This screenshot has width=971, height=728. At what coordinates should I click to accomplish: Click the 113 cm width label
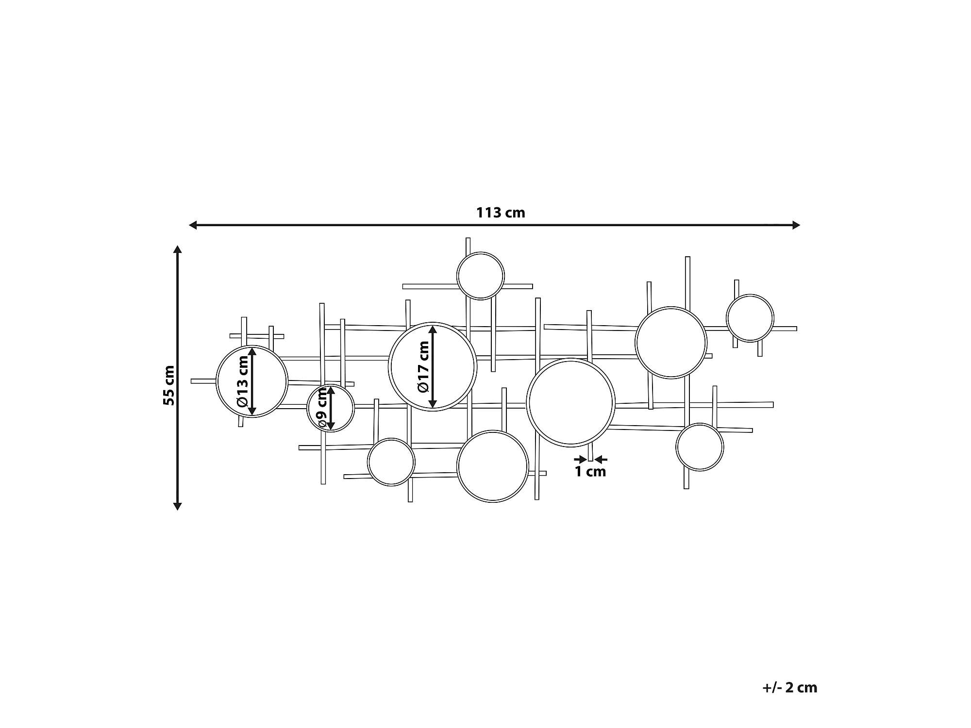[x=501, y=213]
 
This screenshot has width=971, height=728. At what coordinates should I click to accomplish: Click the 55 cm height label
[x=168, y=385]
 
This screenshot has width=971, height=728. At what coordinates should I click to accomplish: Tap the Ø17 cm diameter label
[x=423, y=366]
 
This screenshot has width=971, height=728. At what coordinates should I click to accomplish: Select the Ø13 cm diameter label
[x=242, y=381]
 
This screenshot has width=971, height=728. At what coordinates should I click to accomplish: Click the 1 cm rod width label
[x=590, y=471]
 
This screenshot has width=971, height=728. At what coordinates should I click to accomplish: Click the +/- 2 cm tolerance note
[x=789, y=687]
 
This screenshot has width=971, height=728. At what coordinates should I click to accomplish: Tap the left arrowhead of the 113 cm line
[x=193, y=225]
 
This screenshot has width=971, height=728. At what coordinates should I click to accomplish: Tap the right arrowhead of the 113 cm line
[x=796, y=225]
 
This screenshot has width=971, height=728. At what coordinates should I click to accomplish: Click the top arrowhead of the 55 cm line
[x=178, y=250]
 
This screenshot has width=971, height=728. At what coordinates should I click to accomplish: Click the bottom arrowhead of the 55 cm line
[x=178, y=506]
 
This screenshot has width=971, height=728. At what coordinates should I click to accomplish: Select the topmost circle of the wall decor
[x=481, y=276]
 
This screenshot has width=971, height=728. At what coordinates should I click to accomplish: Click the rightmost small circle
[x=750, y=318]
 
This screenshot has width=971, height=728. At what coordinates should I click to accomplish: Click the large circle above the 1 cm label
[x=570, y=402]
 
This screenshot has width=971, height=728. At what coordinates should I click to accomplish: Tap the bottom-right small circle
[x=700, y=447]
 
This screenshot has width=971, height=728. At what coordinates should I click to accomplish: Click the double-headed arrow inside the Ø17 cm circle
[x=433, y=366]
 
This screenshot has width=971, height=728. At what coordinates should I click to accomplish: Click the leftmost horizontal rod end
[x=193, y=381]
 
